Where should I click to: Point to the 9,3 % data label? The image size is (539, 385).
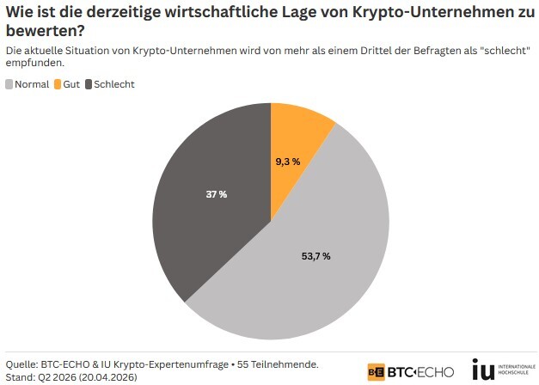[x=288, y=162]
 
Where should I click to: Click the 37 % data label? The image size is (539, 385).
[x=217, y=194]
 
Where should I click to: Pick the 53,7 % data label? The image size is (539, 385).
[x=315, y=256]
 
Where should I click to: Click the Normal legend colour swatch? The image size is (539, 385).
[x=9, y=84]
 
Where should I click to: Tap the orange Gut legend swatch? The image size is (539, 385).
[x=58, y=84]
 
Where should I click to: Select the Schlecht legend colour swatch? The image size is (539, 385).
[x=89, y=84]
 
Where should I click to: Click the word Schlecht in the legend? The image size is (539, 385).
[x=114, y=84]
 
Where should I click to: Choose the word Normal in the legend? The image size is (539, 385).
[x=32, y=84]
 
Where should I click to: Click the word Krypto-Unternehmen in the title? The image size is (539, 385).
[x=419, y=11]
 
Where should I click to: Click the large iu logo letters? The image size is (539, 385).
[x=483, y=370]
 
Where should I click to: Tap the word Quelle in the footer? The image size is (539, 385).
[x=22, y=364]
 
